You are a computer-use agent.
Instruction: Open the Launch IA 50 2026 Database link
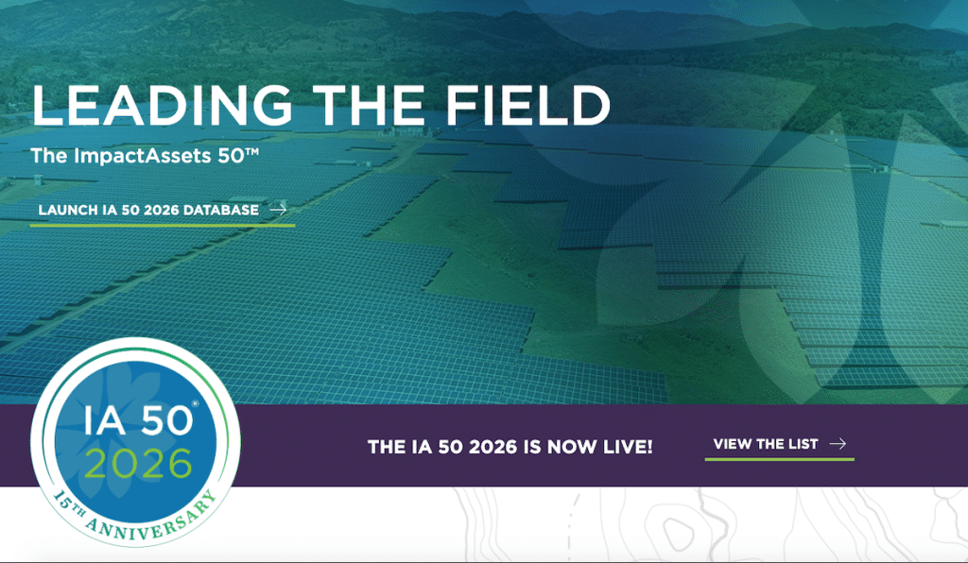click(x=148, y=210)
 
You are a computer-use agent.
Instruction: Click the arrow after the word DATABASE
click(x=278, y=210)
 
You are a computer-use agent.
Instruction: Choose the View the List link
click(x=766, y=444)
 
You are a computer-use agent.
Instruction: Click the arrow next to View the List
click(x=837, y=444)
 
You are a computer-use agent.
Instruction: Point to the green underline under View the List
click(x=779, y=459)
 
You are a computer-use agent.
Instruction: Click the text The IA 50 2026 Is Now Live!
click(x=510, y=445)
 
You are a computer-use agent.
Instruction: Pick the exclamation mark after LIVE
click(x=649, y=445)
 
